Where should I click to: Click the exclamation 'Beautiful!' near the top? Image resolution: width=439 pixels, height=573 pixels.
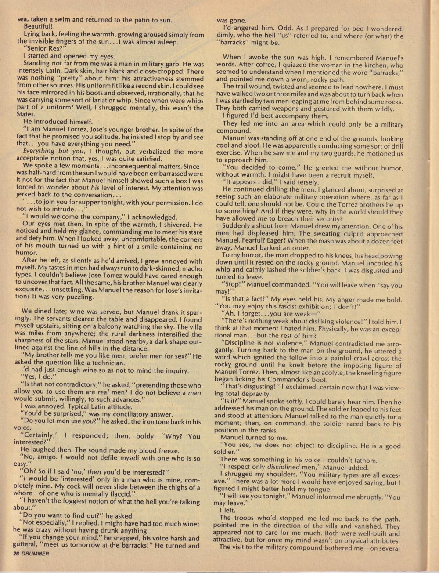point(38,26)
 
